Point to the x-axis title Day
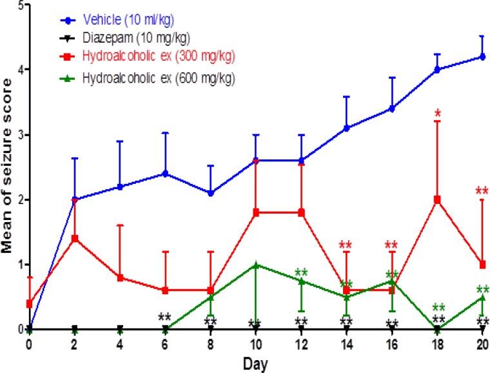(255, 364)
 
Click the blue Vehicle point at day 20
(482, 57)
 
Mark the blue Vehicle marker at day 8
(211, 193)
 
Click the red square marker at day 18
(437, 199)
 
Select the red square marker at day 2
(75, 238)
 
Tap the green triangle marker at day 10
(256, 265)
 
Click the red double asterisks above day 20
(482, 191)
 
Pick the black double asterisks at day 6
(164, 317)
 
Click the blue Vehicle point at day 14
(347, 128)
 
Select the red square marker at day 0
(30, 303)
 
